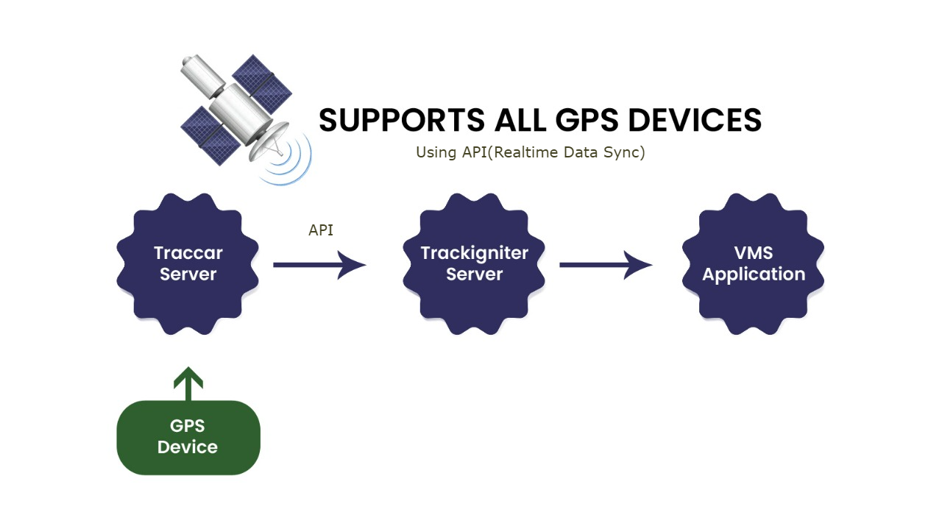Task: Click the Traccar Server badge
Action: (x=188, y=263)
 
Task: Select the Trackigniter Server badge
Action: (x=474, y=263)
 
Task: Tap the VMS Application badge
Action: (x=753, y=263)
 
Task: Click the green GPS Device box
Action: (x=188, y=437)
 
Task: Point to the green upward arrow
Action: (x=188, y=383)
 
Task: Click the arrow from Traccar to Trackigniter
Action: (x=319, y=264)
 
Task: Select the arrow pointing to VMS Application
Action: (x=606, y=264)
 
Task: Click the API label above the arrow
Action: (x=321, y=230)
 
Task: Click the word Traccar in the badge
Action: (x=188, y=253)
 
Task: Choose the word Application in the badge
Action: (x=753, y=274)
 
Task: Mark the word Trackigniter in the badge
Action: (x=474, y=253)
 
